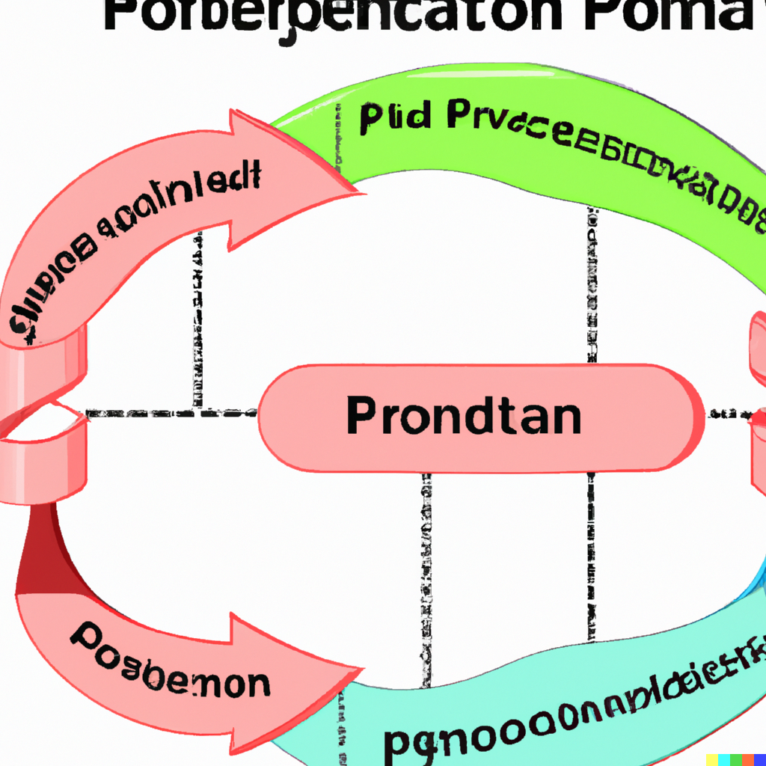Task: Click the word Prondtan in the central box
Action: [x=464, y=417]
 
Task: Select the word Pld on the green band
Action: [x=395, y=120]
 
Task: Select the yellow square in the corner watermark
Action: [x=712, y=759]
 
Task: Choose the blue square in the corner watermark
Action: [x=759, y=759]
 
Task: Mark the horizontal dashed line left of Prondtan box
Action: [x=172, y=413]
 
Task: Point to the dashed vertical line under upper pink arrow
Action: [x=199, y=322]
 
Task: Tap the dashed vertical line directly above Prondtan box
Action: [x=591, y=292]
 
